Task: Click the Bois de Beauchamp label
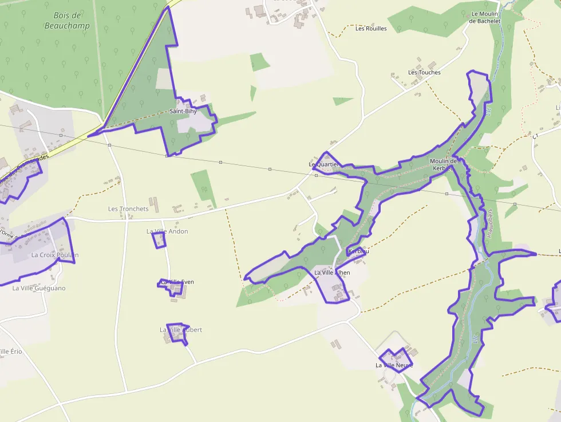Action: [x=67, y=21]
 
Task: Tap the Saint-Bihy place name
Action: [x=183, y=111]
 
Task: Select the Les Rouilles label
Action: [x=371, y=29]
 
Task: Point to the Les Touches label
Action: [x=424, y=73]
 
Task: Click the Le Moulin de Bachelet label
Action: [x=485, y=17]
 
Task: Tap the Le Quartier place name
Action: [x=324, y=164]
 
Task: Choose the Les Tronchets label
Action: [x=128, y=209]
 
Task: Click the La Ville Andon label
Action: [x=167, y=231]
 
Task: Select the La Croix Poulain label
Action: [x=55, y=255]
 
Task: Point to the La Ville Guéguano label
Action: [x=39, y=288]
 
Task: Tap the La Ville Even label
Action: [x=177, y=282]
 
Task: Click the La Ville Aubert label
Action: [x=181, y=330]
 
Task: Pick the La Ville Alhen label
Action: [x=332, y=273]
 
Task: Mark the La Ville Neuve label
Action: [x=394, y=365]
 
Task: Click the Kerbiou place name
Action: [x=358, y=251]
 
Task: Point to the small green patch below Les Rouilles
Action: [x=343, y=101]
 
